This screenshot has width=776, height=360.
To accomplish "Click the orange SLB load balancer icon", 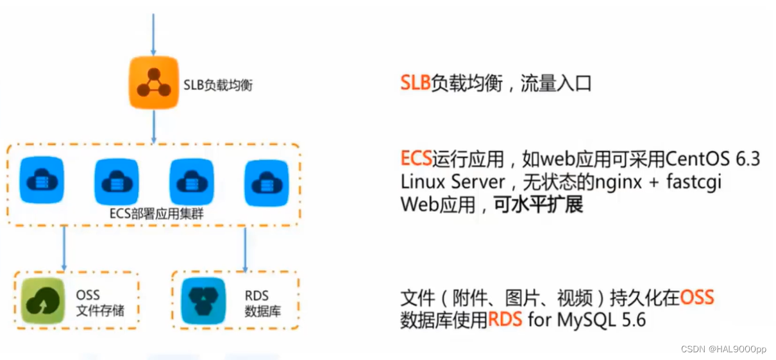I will (153, 83).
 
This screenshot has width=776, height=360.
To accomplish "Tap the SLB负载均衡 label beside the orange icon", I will (218, 84).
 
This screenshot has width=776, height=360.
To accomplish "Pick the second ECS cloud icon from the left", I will (117, 182).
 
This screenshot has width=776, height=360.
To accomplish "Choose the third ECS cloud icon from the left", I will (191, 182).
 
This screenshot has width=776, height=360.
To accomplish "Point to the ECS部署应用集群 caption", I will (156, 214).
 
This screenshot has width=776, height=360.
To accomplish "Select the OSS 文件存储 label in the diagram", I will (99, 304).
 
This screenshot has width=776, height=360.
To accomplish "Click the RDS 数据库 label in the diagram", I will (262, 304).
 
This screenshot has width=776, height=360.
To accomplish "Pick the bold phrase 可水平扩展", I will (538, 205).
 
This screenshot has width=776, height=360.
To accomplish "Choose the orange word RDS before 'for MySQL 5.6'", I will (505, 319).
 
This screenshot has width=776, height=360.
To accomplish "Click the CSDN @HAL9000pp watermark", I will (723, 349).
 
